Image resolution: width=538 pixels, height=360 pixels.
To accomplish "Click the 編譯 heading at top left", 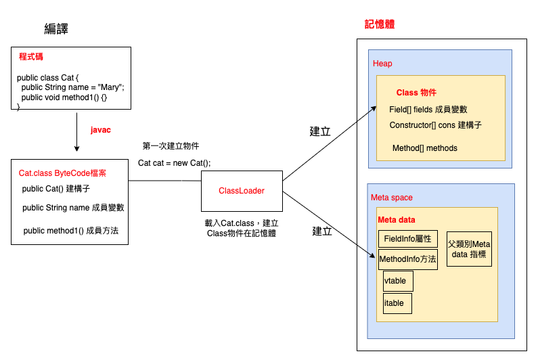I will (56, 28).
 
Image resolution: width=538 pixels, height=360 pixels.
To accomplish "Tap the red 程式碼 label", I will (32, 58).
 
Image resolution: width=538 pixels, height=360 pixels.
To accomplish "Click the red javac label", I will (100, 129).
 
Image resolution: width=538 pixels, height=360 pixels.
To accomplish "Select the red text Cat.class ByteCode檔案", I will (63, 173).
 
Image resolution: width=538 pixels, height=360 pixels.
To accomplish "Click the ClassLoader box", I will (241, 192).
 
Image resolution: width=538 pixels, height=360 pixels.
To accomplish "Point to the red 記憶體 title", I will (379, 24).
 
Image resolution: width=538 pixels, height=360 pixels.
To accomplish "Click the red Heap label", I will (382, 64).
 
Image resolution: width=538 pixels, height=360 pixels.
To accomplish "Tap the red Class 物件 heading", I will (416, 92).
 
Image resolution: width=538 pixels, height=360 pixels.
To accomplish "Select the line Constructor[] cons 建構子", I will (435, 125).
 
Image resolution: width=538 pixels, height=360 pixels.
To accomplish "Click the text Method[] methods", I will (424, 148).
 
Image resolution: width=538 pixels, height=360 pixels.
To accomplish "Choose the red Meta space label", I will (392, 198).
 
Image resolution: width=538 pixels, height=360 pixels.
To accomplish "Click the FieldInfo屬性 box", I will (407, 239).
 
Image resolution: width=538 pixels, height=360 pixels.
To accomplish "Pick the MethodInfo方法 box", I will (407, 259).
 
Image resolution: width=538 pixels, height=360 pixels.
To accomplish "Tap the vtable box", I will (398, 281).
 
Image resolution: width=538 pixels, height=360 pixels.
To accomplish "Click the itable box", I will (397, 303).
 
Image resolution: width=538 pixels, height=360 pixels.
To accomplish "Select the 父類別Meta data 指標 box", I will (469, 249).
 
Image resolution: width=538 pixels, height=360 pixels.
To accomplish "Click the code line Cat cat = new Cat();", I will (174, 163).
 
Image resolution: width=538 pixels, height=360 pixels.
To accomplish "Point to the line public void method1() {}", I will (64, 97).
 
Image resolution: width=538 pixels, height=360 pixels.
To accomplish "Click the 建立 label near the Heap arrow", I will (320, 131).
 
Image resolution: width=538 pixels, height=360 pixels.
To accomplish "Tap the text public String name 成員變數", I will (73, 208).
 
